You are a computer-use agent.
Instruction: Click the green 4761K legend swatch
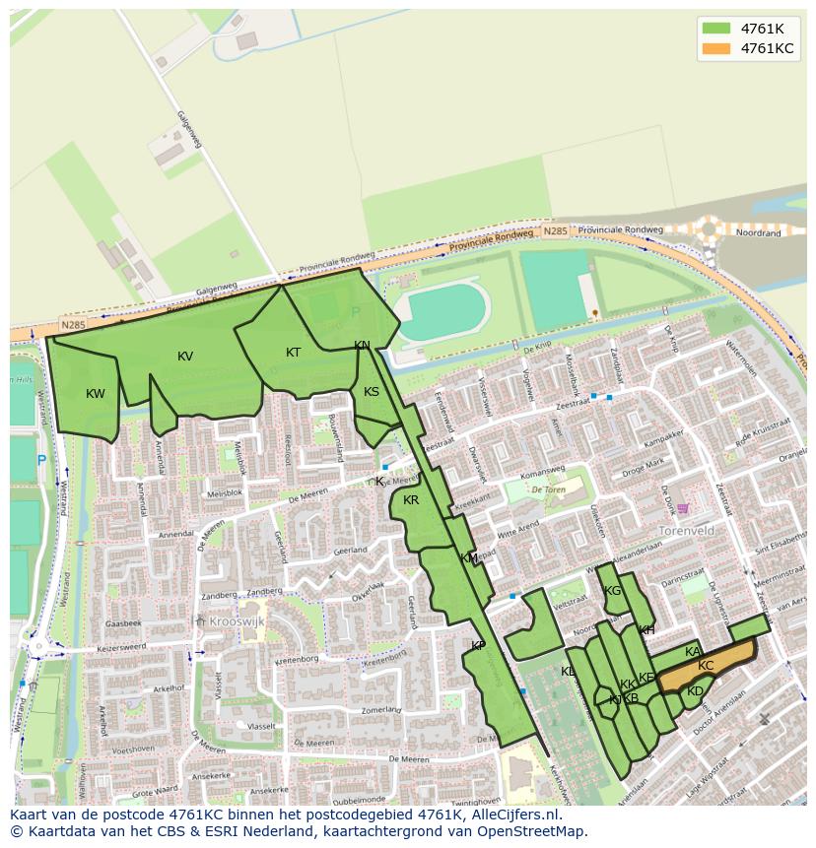pyautogui.click(x=716, y=28)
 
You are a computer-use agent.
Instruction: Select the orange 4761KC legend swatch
pyautogui.click(x=716, y=48)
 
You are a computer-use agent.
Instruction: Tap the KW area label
pyautogui.click(x=96, y=394)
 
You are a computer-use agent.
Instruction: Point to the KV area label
pyautogui.click(x=185, y=357)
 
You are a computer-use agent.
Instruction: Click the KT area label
pyautogui.click(x=293, y=353)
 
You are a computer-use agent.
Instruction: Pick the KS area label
pyautogui.click(x=372, y=392)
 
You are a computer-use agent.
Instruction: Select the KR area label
pyautogui.click(x=411, y=500)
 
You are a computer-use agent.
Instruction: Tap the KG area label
pyautogui.click(x=613, y=591)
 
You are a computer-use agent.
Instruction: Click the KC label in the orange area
pyautogui.click(x=706, y=666)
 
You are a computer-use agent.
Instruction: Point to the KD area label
pyautogui.click(x=695, y=691)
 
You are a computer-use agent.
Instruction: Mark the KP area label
pyautogui.click(x=478, y=646)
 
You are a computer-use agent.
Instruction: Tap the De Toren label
pyautogui.click(x=549, y=489)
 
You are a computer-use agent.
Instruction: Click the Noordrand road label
pyautogui.click(x=760, y=233)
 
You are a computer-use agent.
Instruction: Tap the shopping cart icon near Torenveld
pyautogui.click(x=682, y=508)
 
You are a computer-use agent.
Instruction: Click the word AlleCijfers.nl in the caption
pyautogui.click(x=511, y=815)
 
